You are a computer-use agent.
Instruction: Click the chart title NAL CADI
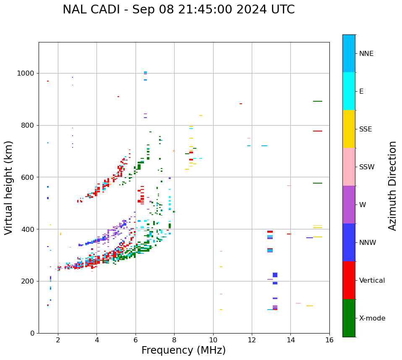[178, 10]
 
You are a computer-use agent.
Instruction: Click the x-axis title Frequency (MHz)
[183, 350]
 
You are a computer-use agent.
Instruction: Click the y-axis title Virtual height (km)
[9, 187]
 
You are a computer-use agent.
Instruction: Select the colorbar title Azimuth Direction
[392, 186]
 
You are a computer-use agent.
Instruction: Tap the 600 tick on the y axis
[29, 177]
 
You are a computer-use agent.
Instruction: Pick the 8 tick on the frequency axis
[174, 340]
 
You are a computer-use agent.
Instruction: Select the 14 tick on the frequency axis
[290, 340]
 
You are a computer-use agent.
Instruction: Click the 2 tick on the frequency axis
[58, 340]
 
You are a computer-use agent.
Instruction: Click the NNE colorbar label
[366, 54]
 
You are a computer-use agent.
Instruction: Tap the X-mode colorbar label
[372, 318]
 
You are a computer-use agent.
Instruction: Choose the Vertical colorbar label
[372, 281]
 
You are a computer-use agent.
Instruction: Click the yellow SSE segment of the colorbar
[349, 129]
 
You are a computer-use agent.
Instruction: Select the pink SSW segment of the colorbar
[349, 167]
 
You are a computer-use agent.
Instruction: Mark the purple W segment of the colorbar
[349, 205]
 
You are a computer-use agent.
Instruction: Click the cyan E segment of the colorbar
[349, 91]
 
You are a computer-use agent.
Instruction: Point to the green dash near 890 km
[317, 101]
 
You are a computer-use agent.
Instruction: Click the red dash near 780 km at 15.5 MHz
[317, 131]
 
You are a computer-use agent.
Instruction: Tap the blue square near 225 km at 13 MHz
[275, 275]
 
